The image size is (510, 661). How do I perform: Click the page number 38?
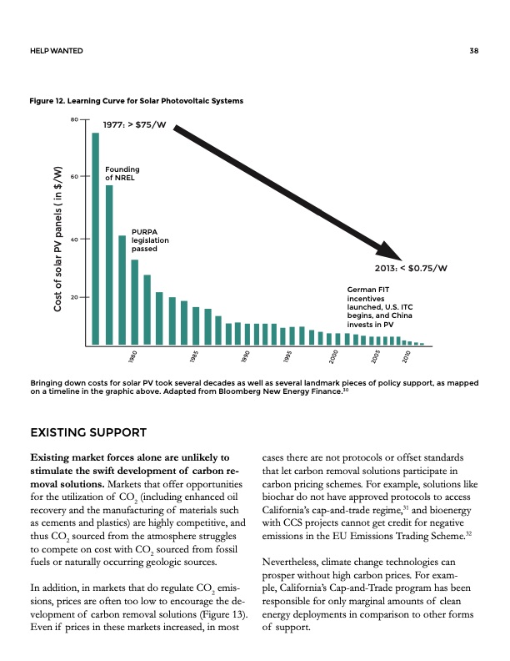473,51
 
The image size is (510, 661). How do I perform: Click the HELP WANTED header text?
56,51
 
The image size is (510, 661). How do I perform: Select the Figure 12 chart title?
137,101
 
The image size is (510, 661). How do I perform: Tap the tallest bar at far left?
95,238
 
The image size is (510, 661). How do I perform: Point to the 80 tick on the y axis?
74,120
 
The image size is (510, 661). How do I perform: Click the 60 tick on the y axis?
74,177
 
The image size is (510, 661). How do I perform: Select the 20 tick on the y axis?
74,298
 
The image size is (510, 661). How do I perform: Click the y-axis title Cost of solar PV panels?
59,238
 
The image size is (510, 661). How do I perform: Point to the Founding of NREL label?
122,174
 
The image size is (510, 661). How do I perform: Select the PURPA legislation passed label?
150,240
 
